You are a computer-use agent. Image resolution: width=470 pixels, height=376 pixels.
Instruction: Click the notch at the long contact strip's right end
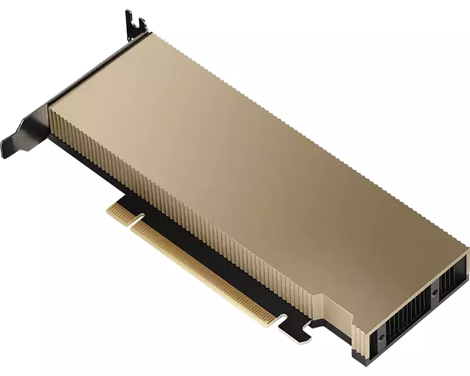click(x=283, y=318)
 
